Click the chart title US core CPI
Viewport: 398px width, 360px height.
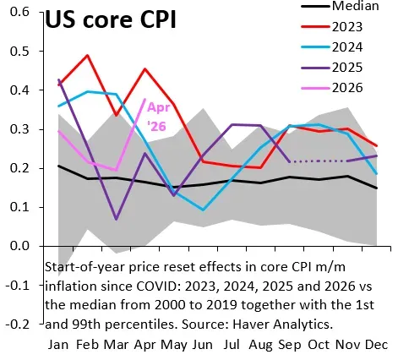pyautogui.click(x=111, y=19)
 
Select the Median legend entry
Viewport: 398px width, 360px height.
pyautogui.click(x=341, y=6)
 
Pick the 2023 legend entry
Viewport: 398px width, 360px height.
pyautogui.click(x=332, y=27)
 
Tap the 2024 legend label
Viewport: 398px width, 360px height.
pyautogui.click(x=347, y=47)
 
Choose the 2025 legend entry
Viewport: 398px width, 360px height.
pyautogui.click(x=332, y=68)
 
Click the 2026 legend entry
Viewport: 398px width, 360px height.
pyautogui.click(x=332, y=88)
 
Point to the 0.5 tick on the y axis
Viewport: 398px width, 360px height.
pyautogui.click(x=19, y=52)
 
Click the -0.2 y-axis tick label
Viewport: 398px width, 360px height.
pyautogui.click(x=18, y=325)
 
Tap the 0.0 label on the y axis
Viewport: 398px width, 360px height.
pyautogui.click(x=19, y=246)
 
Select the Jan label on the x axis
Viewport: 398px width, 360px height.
pyautogui.click(x=58, y=345)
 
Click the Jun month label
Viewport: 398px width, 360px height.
pyautogui.click(x=203, y=345)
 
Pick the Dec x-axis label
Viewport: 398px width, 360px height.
pyautogui.click(x=377, y=345)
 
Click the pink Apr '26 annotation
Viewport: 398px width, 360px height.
pyautogui.click(x=159, y=117)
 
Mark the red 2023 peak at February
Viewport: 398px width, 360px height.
pyautogui.click(x=88, y=55)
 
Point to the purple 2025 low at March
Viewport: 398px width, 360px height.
pyautogui.click(x=117, y=219)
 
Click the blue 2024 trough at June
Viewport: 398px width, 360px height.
pyautogui.click(x=203, y=210)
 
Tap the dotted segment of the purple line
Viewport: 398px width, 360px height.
pyautogui.click(x=319, y=161)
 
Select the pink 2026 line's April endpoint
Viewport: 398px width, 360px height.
pyautogui.click(x=145, y=99)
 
